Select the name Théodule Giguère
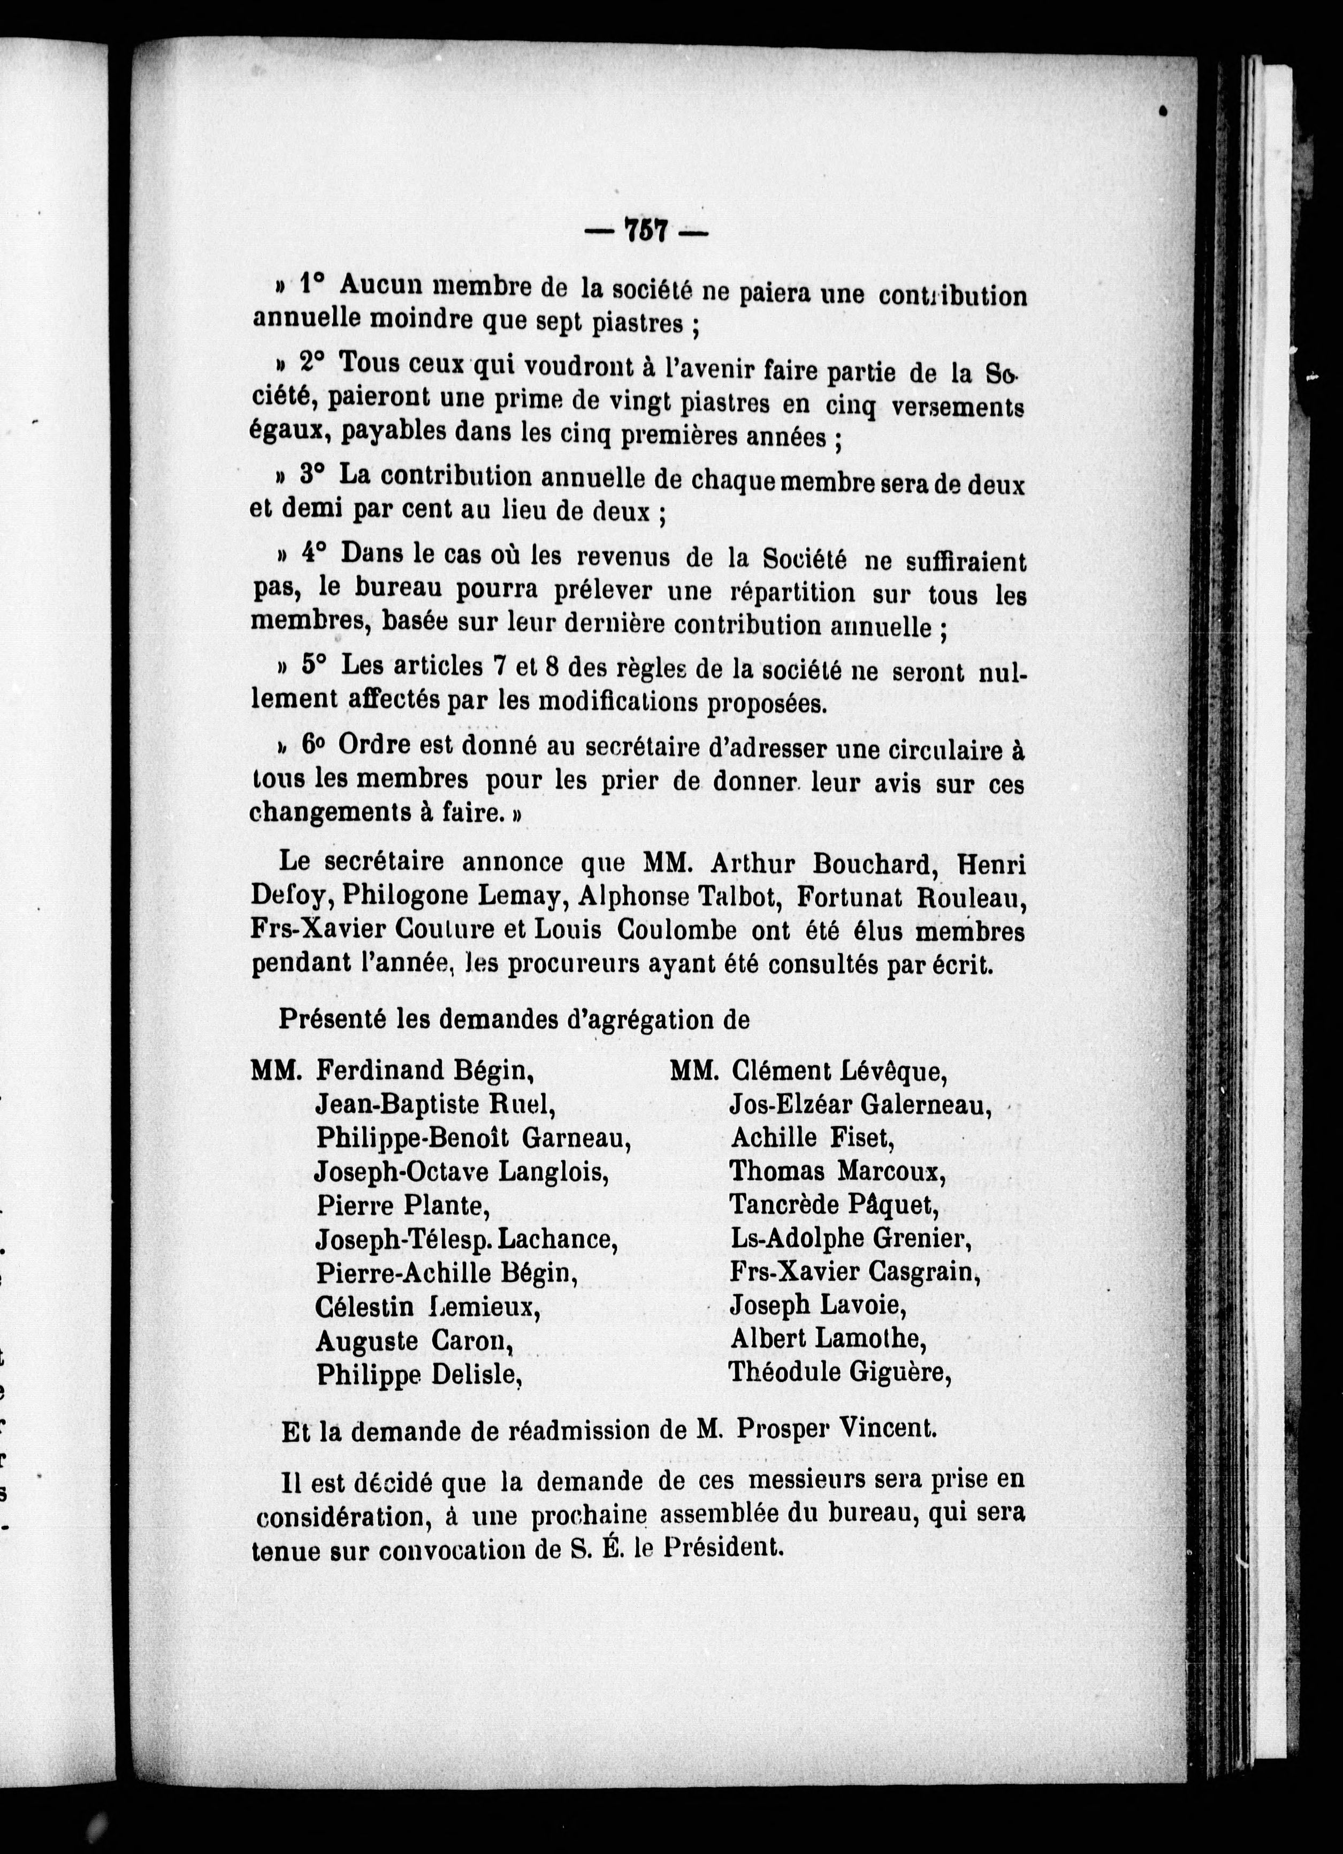[x=840, y=1372]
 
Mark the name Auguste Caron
[x=415, y=1341]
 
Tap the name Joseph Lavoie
[x=818, y=1305]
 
